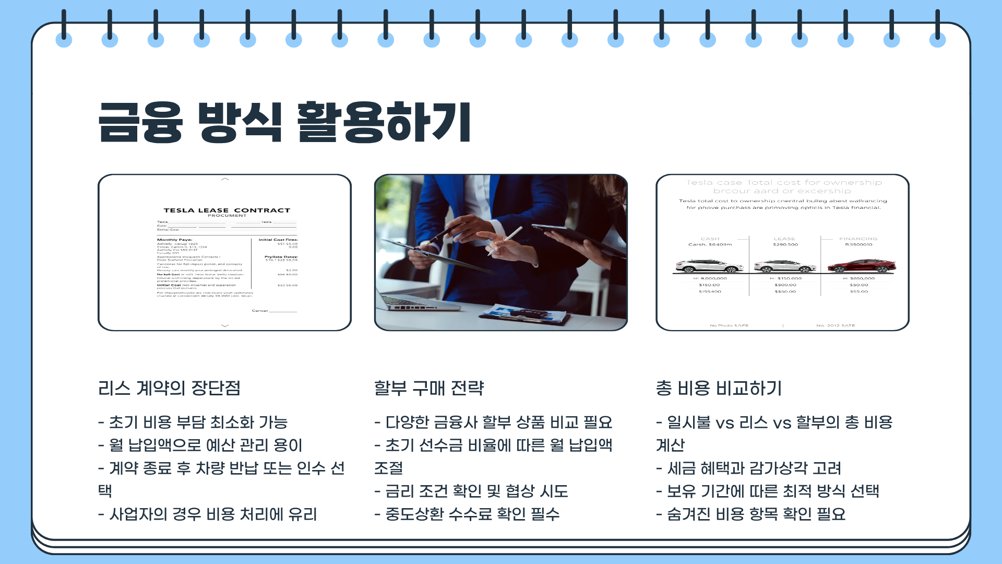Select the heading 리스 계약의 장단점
[x=169, y=388]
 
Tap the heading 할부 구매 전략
[x=429, y=388]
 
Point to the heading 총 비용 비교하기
[x=719, y=388]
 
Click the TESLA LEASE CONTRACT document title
[x=226, y=210]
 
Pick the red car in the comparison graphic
[x=861, y=266]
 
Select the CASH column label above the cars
[x=710, y=239]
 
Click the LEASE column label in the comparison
[x=784, y=239]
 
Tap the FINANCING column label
[x=858, y=239]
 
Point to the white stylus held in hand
[x=505, y=240]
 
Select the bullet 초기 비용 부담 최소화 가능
[x=193, y=422]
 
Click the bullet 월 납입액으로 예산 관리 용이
[x=200, y=445]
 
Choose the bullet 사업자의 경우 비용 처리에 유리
[x=208, y=514]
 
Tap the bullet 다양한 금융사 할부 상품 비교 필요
[x=493, y=422]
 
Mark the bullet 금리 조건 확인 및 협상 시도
[x=471, y=491]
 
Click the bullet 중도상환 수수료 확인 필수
[x=467, y=514]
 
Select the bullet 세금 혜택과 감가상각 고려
[x=749, y=468]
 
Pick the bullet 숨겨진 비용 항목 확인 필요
[x=751, y=514]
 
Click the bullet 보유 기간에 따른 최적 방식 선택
[x=768, y=491]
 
